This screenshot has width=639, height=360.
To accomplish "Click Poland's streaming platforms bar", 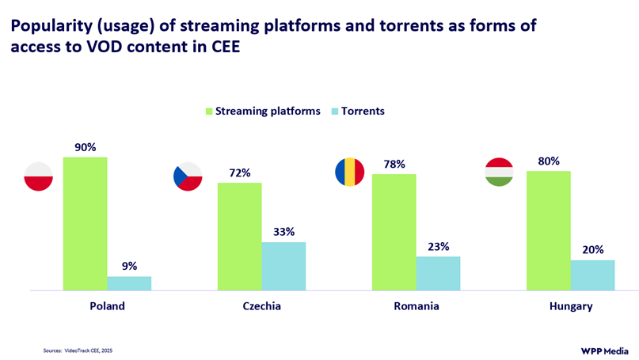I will [86, 224].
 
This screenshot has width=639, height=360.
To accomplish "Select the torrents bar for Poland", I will [129, 283].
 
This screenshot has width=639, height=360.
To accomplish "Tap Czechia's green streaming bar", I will [239, 237].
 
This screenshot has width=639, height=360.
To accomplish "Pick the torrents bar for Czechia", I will [283, 266].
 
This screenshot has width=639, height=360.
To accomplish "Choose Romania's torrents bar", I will [438, 273].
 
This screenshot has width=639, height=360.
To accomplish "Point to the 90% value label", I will [86, 147].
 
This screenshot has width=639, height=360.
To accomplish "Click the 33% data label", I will [284, 232].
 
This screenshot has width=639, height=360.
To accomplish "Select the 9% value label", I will [130, 266].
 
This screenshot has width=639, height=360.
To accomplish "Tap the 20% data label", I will [593, 250].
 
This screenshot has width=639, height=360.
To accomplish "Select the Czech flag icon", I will [188, 176].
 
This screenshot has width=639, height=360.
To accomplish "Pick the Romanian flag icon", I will [349, 172].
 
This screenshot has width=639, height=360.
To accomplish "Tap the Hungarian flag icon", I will [499, 172].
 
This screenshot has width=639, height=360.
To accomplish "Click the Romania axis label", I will [416, 306].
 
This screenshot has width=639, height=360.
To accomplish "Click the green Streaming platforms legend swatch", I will [210, 112].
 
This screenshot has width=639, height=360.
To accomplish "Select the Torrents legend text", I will [362, 112].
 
